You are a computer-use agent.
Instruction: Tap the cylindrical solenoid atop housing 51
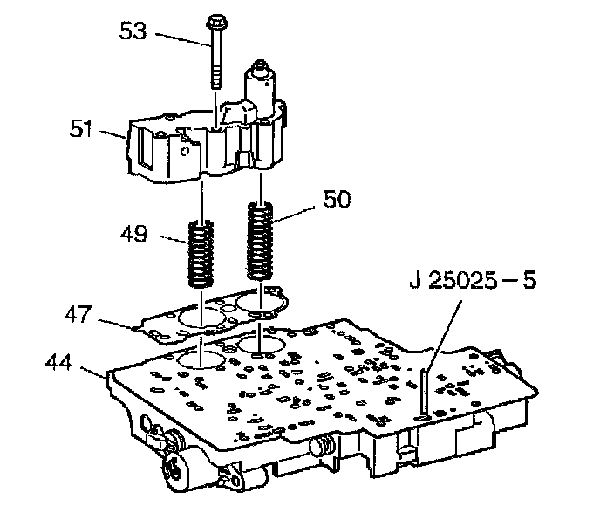click(262, 83)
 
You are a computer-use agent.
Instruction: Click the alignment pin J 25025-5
click(422, 393)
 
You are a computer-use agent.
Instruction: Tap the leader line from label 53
click(179, 35)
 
